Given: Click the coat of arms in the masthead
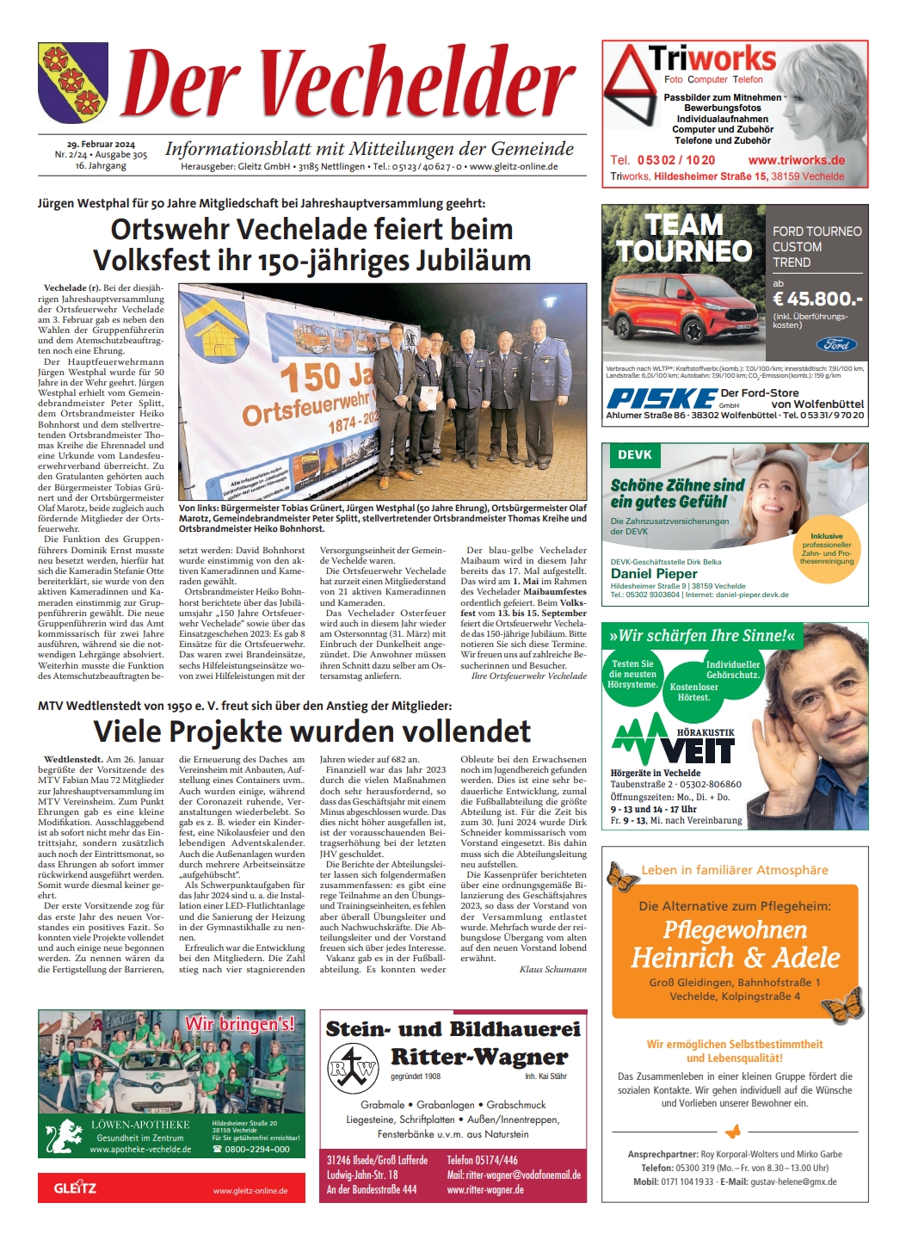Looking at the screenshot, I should click(x=73, y=83).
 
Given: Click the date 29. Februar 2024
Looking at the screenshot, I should click(x=101, y=145).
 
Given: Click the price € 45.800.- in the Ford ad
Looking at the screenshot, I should click(x=817, y=299).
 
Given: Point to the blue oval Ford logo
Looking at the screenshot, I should click(x=836, y=344).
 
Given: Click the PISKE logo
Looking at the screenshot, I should click(x=660, y=398).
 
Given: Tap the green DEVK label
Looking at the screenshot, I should click(x=635, y=455).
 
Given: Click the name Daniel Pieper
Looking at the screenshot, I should click(x=654, y=573).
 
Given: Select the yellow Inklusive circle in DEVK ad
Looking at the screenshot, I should click(x=827, y=547).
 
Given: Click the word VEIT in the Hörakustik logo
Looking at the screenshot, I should click(x=698, y=751).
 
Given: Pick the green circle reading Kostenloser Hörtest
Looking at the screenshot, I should click(x=693, y=693).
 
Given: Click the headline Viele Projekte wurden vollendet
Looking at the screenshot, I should click(x=312, y=731).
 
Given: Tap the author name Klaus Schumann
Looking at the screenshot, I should click(x=553, y=969).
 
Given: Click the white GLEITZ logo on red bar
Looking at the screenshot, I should click(x=76, y=1188).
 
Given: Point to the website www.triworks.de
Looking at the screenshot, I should click(x=796, y=160).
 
